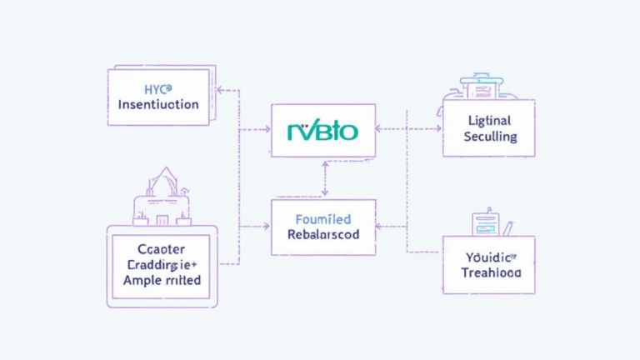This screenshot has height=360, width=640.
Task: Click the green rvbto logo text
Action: [x=322, y=131]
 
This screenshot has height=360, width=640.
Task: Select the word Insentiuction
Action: [x=157, y=105]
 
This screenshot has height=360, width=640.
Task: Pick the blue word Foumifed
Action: [x=323, y=219]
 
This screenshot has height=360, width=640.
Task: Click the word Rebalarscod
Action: [x=323, y=235]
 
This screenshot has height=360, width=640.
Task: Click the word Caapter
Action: [x=162, y=249]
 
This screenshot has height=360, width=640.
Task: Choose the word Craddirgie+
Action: [x=162, y=265]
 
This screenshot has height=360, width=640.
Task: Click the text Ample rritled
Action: [x=162, y=281]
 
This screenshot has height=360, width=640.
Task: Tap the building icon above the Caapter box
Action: [x=162, y=198]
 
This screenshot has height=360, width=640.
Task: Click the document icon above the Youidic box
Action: [x=484, y=223]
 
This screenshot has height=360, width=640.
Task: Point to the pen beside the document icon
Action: [x=507, y=227]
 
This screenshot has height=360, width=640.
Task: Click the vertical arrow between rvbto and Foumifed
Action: [x=323, y=178]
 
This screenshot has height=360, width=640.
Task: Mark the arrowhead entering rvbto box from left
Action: [x=267, y=129]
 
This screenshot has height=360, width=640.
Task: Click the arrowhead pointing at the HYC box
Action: [x=219, y=88]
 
